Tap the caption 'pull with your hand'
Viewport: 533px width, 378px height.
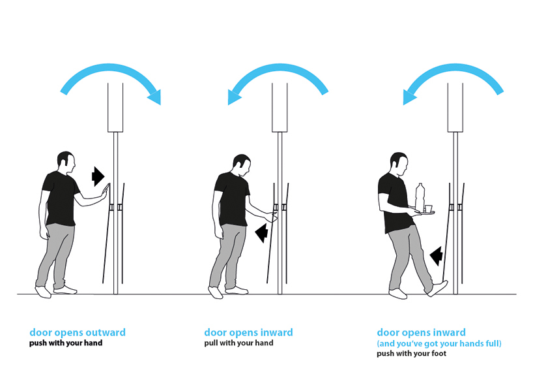point(238,343)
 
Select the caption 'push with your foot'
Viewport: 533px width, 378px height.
point(411,353)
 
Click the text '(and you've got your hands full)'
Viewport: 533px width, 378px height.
point(439,343)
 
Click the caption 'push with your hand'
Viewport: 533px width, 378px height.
point(66,343)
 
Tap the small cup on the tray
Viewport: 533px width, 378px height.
point(428,208)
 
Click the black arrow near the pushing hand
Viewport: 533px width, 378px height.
point(98,176)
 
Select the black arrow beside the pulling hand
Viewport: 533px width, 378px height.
point(262,233)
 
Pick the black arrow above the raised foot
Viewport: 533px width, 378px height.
point(436,256)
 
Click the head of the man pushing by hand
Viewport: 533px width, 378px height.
point(66,163)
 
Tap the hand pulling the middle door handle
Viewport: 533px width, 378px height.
point(271,217)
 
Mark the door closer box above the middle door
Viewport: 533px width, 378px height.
point(280,107)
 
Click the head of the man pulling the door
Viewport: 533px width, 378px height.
point(242,166)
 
